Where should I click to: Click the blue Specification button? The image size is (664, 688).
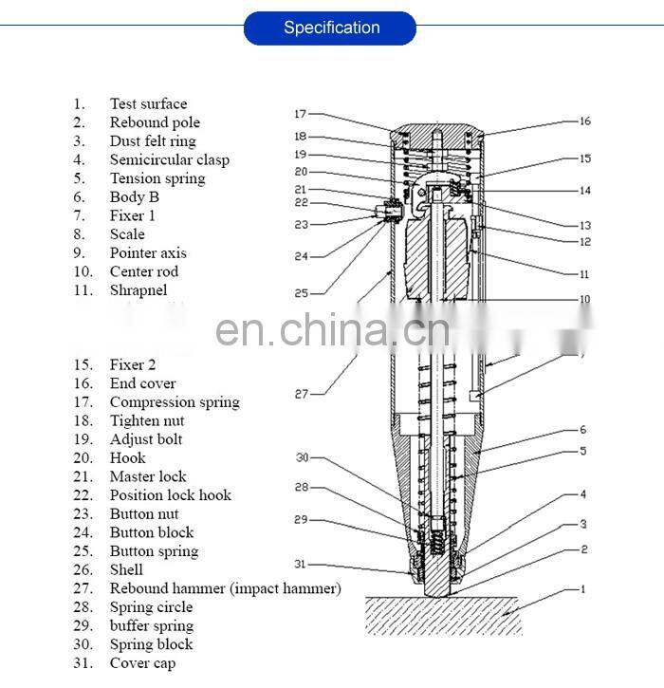330,28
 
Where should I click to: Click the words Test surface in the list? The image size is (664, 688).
148,103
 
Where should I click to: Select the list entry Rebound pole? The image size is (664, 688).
155,122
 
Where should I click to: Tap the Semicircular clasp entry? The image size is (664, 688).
169,159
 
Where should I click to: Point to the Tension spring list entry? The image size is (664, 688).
157,178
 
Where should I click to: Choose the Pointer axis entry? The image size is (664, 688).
148,252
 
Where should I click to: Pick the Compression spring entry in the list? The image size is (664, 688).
175,401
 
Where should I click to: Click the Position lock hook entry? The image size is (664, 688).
170,494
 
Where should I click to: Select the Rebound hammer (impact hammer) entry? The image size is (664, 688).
225,588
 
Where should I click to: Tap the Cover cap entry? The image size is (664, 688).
142,663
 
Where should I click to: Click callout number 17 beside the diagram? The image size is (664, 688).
300,115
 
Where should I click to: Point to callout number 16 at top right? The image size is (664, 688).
585,121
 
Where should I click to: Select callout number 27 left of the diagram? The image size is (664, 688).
302,394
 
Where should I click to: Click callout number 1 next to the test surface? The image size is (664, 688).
583,589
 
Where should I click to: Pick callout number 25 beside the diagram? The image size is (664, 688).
301,293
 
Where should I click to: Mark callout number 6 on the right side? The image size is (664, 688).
583,430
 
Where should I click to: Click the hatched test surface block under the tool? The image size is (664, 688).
446,615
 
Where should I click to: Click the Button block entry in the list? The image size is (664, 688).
151,532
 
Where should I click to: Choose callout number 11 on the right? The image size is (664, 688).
585,273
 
